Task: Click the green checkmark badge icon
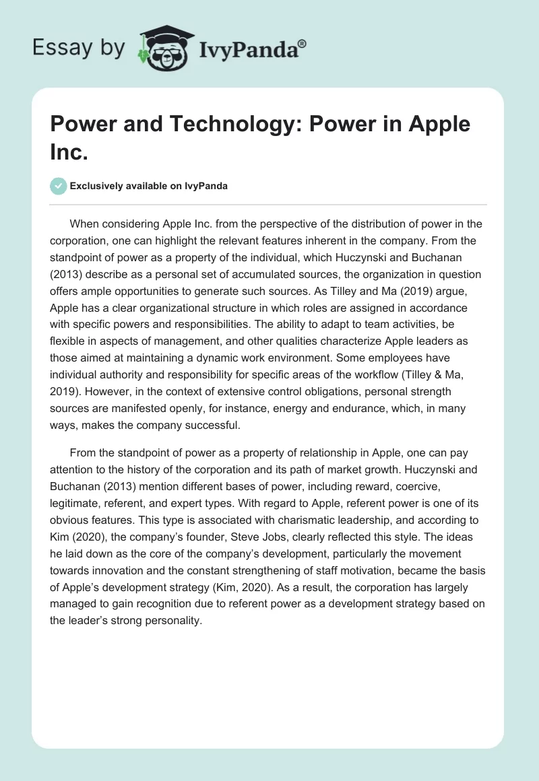click(59, 186)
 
